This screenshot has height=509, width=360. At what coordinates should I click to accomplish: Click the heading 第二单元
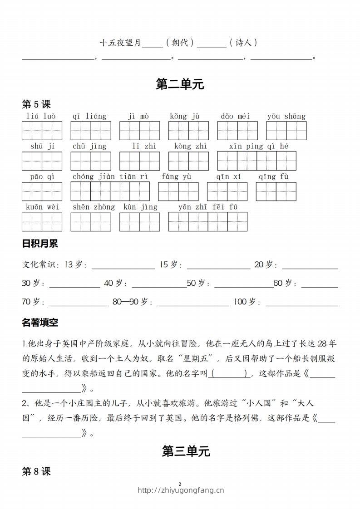tap(180, 84)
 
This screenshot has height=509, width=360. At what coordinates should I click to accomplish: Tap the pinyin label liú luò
tap(41, 116)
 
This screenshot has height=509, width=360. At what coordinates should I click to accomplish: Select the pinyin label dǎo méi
tap(235, 116)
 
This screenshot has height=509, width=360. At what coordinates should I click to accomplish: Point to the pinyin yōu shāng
tap(286, 116)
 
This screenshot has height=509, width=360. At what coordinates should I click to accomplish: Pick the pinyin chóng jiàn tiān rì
tap(110, 176)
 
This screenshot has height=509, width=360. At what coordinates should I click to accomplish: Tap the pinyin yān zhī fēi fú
tap(207, 207)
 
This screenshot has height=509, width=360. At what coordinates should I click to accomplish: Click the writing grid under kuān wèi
tap(42, 222)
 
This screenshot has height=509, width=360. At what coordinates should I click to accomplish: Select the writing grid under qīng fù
tap(276, 191)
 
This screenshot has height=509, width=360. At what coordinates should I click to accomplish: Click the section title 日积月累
tap(40, 244)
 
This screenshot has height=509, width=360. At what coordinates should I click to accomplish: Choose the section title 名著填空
tap(40, 323)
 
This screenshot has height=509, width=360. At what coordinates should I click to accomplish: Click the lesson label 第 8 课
tap(36, 472)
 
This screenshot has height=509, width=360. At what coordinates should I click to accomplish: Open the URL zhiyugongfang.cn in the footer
tap(181, 490)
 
